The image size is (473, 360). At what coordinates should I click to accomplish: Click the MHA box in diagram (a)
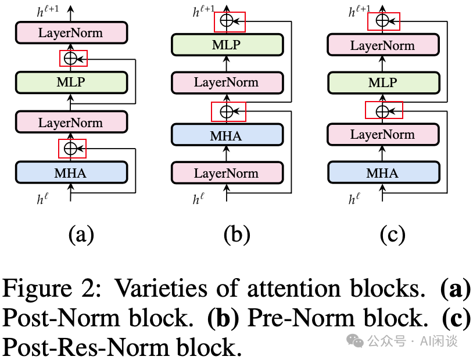click(x=71, y=172)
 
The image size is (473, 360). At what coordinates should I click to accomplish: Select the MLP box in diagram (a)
click(x=71, y=82)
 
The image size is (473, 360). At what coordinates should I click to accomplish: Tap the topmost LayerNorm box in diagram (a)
click(x=71, y=33)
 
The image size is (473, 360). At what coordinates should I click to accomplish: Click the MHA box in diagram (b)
click(x=227, y=136)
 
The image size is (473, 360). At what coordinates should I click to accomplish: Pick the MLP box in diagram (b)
click(x=227, y=45)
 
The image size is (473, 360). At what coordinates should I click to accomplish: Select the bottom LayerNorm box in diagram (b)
click(x=227, y=173)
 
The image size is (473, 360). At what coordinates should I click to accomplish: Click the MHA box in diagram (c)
click(x=382, y=173)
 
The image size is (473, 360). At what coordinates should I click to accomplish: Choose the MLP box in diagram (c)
click(x=382, y=83)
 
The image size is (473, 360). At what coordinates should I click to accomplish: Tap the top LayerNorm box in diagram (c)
click(x=382, y=45)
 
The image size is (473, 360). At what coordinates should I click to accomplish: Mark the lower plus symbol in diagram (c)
click(x=382, y=110)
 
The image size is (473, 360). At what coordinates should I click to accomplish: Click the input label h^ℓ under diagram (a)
click(x=42, y=200)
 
